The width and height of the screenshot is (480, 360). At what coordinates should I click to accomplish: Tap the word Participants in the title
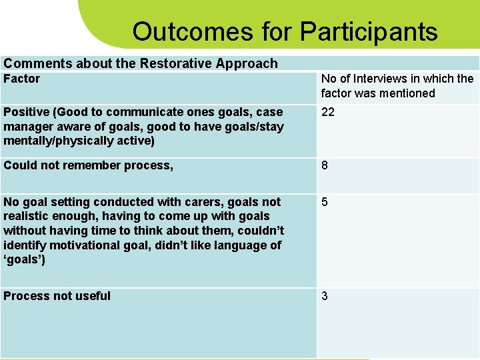pyautogui.click(x=369, y=31)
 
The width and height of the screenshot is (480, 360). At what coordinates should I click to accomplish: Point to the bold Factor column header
pyautogui.click(x=22, y=79)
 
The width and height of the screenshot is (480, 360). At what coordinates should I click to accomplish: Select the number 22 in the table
pyautogui.click(x=328, y=112)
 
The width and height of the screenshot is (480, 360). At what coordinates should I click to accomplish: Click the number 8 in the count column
pyautogui.click(x=325, y=165)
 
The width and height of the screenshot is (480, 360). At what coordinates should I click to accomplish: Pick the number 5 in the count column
pyautogui.click(x=325, y=201)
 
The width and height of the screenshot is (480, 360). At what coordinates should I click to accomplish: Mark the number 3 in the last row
pyautogui.click(x=325, y=296)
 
